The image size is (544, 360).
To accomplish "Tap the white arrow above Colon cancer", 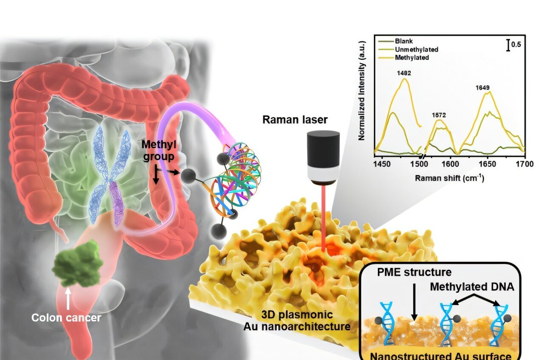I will [x=68, y=299].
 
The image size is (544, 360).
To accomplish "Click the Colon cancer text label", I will [x=66, y=317].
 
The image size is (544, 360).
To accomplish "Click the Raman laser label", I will [x=295, y=119].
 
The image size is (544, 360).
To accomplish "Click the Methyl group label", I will [x=159, y=150].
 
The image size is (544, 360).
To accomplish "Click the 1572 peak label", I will [x=439, y=115].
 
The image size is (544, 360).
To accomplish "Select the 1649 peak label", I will [x=482, y=88].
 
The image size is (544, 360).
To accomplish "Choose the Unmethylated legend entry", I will [x=416, y=49].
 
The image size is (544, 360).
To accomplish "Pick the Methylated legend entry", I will [x=412, y=57].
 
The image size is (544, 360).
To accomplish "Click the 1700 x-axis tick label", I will [x=524, y=164].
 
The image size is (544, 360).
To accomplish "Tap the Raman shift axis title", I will [x=449, y=179].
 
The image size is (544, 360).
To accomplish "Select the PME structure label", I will [x=414, y=272].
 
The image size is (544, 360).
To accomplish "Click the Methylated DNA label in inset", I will [x=472, y=287].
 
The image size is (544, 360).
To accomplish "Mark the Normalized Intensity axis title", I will [x=362, y=91].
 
